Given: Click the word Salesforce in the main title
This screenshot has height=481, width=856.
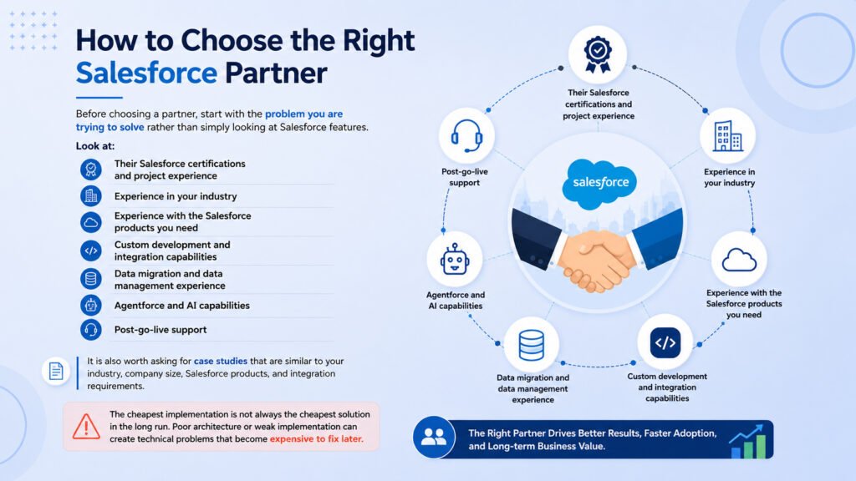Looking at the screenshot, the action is pos(146,73).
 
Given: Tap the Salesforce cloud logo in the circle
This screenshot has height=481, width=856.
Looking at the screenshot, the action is pos(599,184).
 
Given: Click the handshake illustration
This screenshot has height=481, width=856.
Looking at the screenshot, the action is pos(597,249).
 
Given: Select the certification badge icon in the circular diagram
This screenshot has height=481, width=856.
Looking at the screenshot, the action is pos(598,54).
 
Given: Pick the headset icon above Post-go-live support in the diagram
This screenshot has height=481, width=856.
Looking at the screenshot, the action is pos(466,135).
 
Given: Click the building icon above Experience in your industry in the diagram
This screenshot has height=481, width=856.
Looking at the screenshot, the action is pos(728,135).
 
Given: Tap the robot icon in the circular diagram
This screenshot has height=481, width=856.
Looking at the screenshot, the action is pos(454,259).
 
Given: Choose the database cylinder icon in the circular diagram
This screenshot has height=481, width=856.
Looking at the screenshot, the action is pos(531,345).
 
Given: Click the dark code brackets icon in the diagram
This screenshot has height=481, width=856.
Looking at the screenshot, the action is pos(665,342).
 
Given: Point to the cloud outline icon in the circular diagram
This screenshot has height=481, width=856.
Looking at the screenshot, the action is pos(739,260).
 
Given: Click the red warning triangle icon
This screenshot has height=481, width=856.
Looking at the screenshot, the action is pos(86,427).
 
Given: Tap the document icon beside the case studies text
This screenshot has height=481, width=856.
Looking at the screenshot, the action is pos(56,372).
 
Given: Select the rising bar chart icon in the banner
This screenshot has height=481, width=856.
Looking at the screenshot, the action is pos(748,442).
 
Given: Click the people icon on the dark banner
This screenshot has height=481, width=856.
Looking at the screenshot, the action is pos(434,436).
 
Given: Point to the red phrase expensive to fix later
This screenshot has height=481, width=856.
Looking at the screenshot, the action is pos(316,439).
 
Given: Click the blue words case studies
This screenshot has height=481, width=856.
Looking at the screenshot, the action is pos(221,361).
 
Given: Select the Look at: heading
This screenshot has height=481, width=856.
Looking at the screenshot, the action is pos(95,146).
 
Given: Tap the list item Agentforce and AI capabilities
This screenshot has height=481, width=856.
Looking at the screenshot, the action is pos(181,306).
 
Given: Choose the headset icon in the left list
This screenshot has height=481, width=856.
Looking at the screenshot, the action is pos(90,329).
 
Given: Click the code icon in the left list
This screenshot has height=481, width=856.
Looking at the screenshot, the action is pos(90,251).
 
